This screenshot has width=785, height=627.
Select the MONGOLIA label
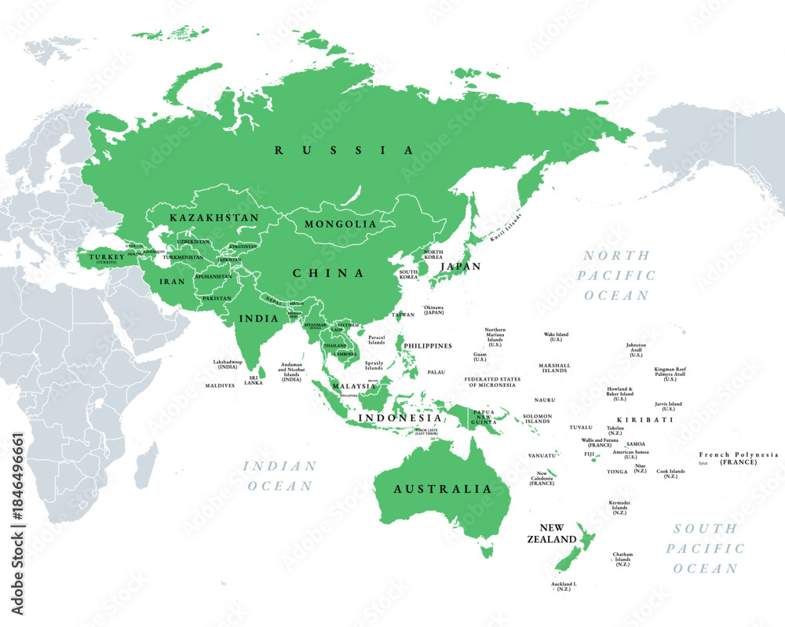341,224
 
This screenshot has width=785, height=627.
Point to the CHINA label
328,273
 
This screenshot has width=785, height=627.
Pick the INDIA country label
259,319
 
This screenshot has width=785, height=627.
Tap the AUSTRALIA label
443,489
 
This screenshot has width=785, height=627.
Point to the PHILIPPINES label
427,345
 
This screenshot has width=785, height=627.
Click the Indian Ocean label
281,476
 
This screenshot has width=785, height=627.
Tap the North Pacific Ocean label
617,275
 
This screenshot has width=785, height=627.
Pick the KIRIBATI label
644,420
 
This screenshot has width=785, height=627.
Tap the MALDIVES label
220,385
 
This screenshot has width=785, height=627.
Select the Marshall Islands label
554,368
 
